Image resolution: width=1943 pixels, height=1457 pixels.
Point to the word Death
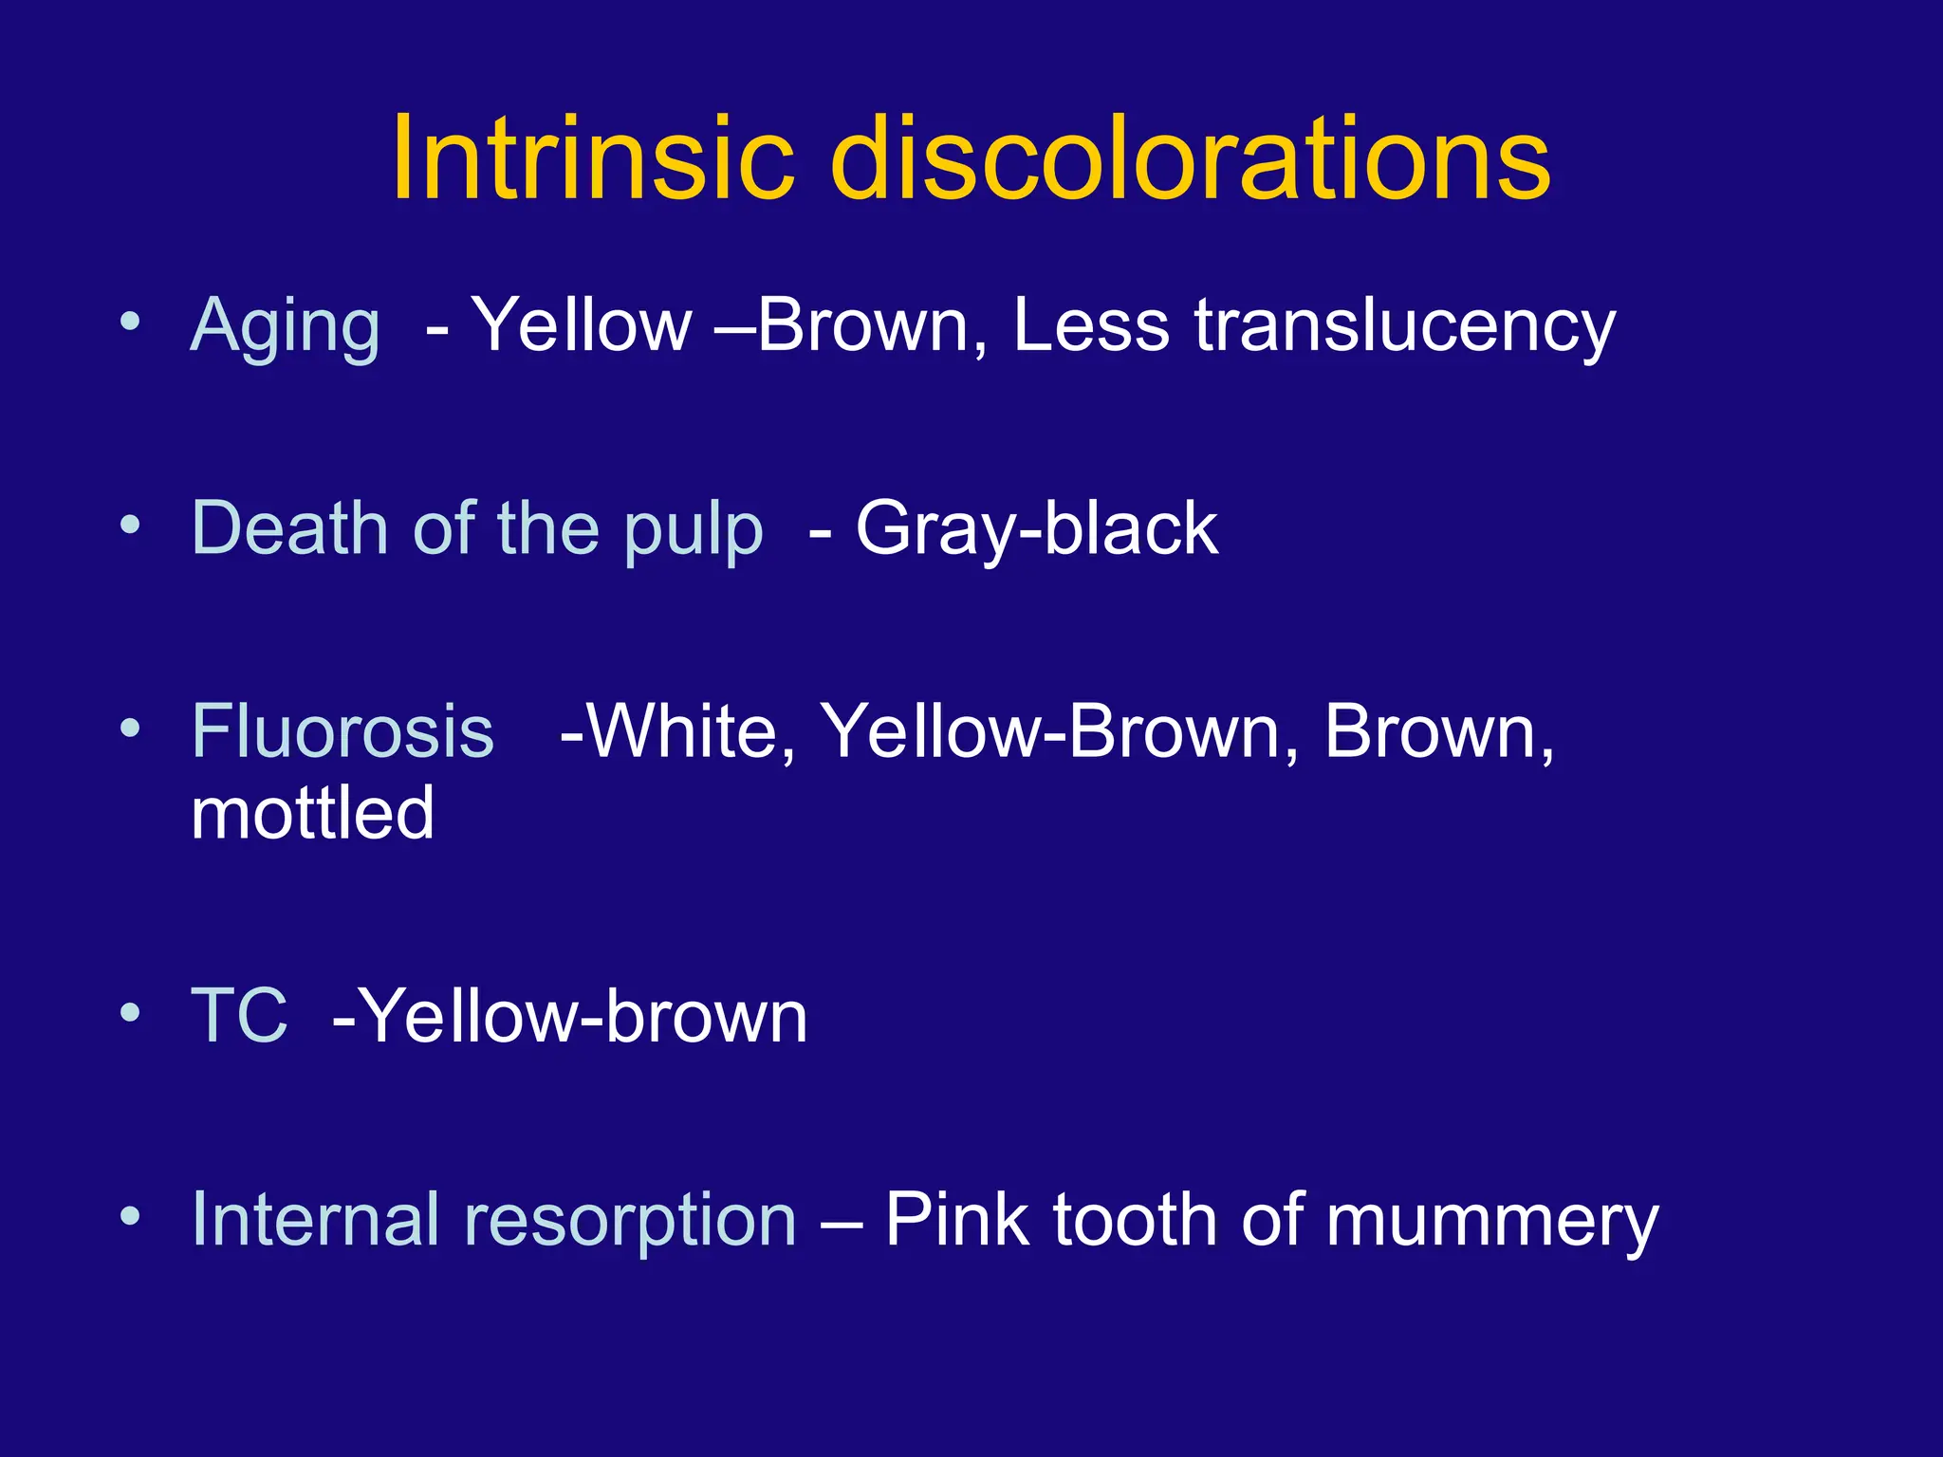coord(289,528)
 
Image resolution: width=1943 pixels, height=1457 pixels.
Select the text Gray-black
coord(1036,529)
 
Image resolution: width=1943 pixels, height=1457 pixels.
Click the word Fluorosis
coord(342,731)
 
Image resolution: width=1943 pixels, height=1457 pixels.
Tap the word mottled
coord(312,814)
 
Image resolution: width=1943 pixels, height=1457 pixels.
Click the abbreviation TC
coord(239,1016)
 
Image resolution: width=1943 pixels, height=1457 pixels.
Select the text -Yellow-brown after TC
coord(569,1016)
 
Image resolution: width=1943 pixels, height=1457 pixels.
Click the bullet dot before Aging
coord(130,322)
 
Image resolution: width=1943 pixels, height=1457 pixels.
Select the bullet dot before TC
coord(130,1012)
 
